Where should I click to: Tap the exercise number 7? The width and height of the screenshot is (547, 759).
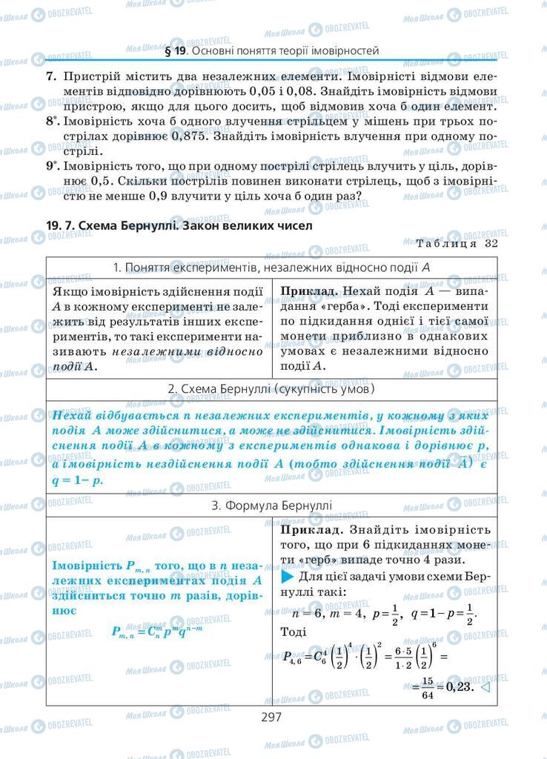pos(50,76)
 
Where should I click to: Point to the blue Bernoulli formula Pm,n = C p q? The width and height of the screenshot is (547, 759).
pos(157,631)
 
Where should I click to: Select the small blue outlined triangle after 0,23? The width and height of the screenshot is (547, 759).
pos(486,686)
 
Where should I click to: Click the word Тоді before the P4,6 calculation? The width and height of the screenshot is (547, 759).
pos(295,632)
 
